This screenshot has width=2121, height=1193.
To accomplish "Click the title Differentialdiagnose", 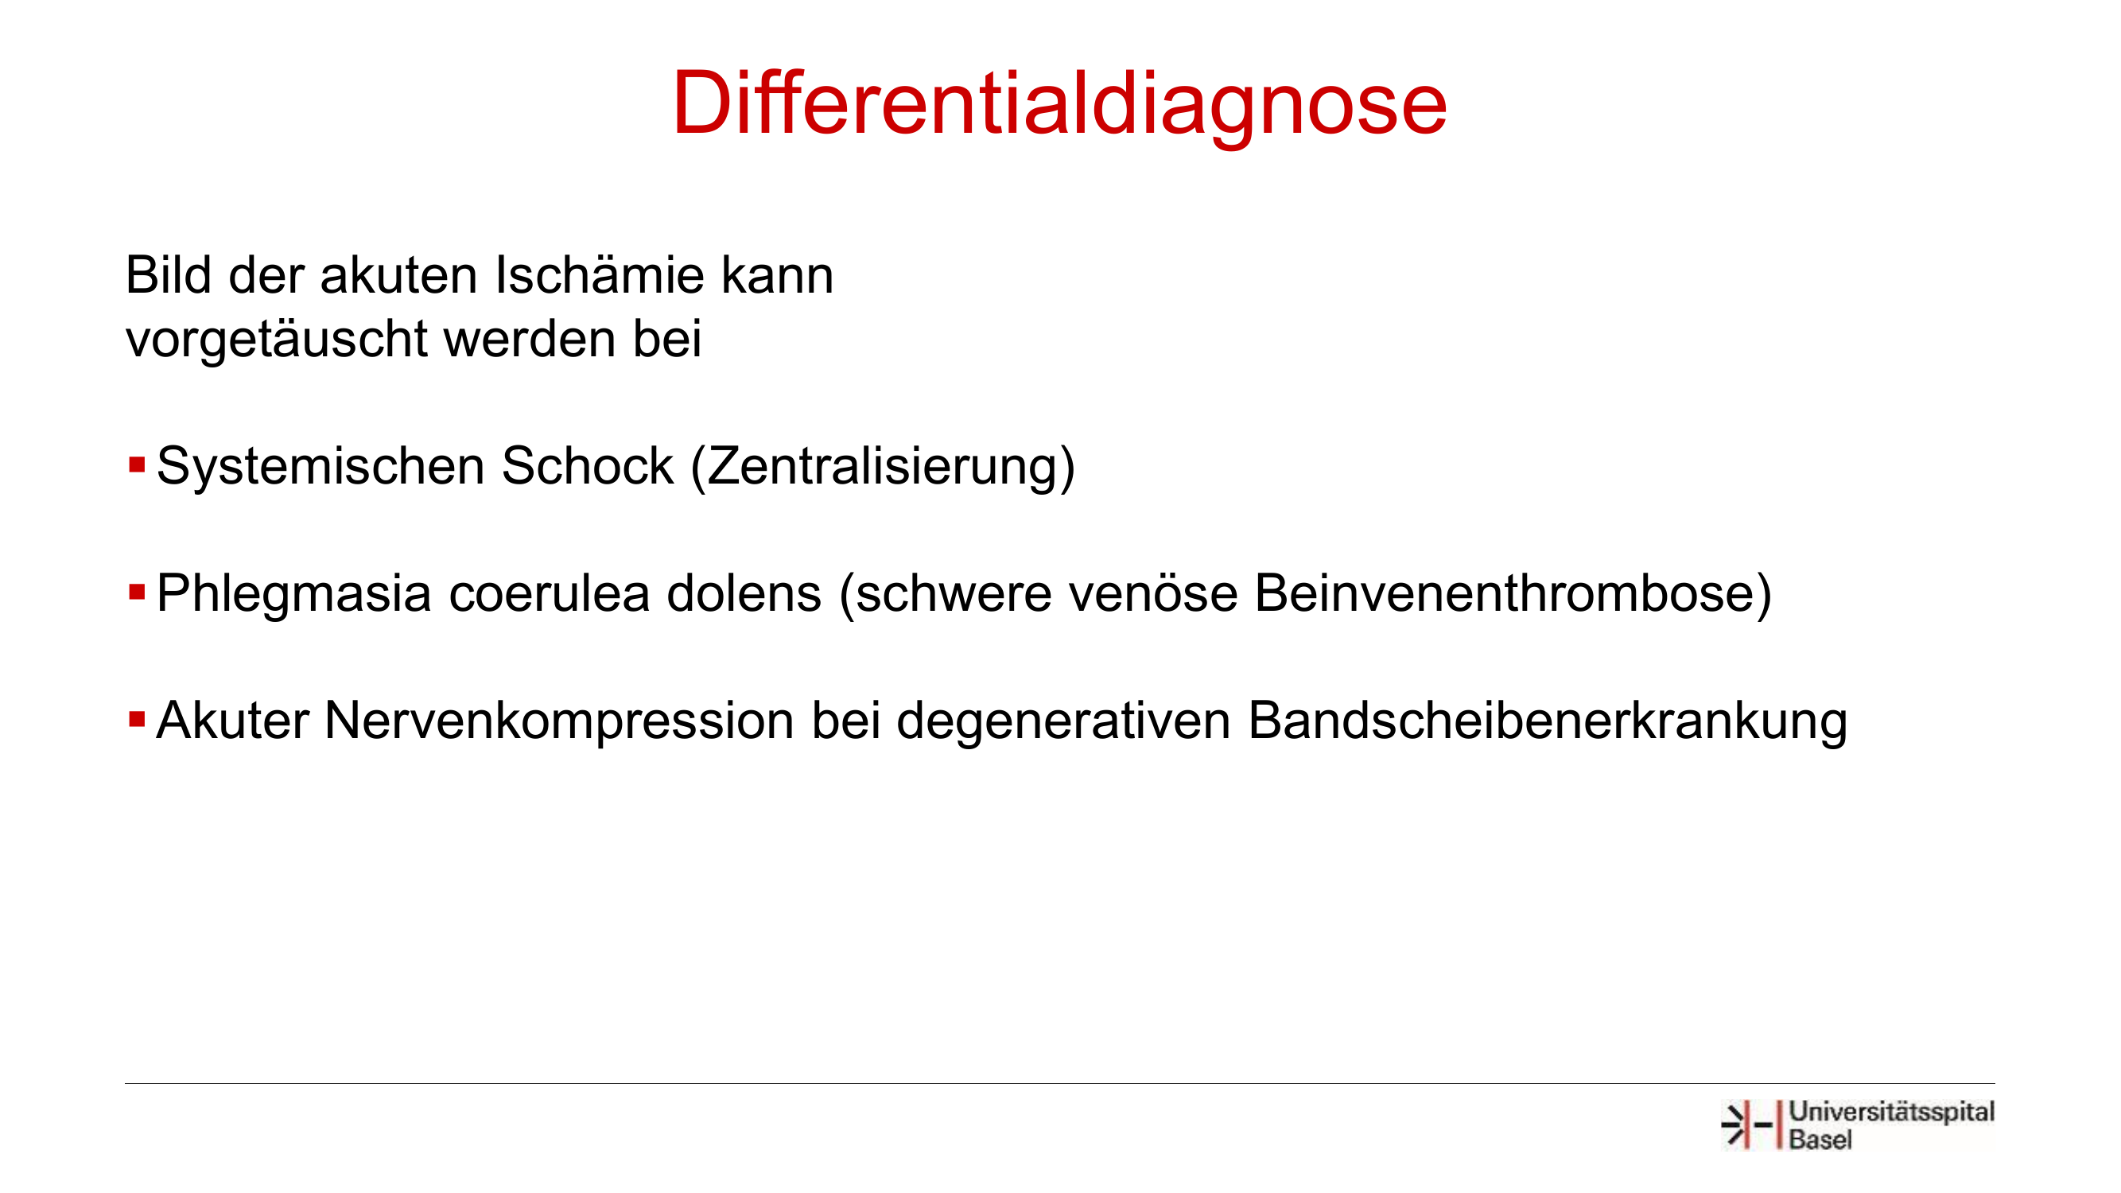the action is [x=1059, y=104].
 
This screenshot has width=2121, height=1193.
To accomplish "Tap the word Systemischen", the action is [x=320, y=467].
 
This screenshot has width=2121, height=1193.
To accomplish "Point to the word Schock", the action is [x=588, y=466].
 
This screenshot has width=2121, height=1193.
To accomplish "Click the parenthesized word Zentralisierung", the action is [x=884, y=468].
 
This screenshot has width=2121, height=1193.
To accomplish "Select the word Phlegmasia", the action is [x=294, y=594].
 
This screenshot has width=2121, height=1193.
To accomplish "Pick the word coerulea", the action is [x=550, y=593].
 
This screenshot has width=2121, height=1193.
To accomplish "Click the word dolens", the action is [x=744, y=593].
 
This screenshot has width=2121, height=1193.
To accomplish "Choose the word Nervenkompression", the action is [x=560, y=722].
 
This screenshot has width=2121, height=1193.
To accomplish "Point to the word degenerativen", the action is [x=1063, y=722].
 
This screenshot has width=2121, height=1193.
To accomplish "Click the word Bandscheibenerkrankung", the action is [x=1548, y=722].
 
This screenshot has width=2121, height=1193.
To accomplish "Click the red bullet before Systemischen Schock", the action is [x=137, y=465].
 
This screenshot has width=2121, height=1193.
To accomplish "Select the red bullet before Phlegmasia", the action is [x=137, y=592].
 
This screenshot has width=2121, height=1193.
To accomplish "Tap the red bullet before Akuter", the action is [x=137, y=721].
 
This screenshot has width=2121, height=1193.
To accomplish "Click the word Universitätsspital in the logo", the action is [x=1892, y=1113].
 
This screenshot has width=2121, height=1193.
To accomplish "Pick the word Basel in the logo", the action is [x=1820, y=1141].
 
